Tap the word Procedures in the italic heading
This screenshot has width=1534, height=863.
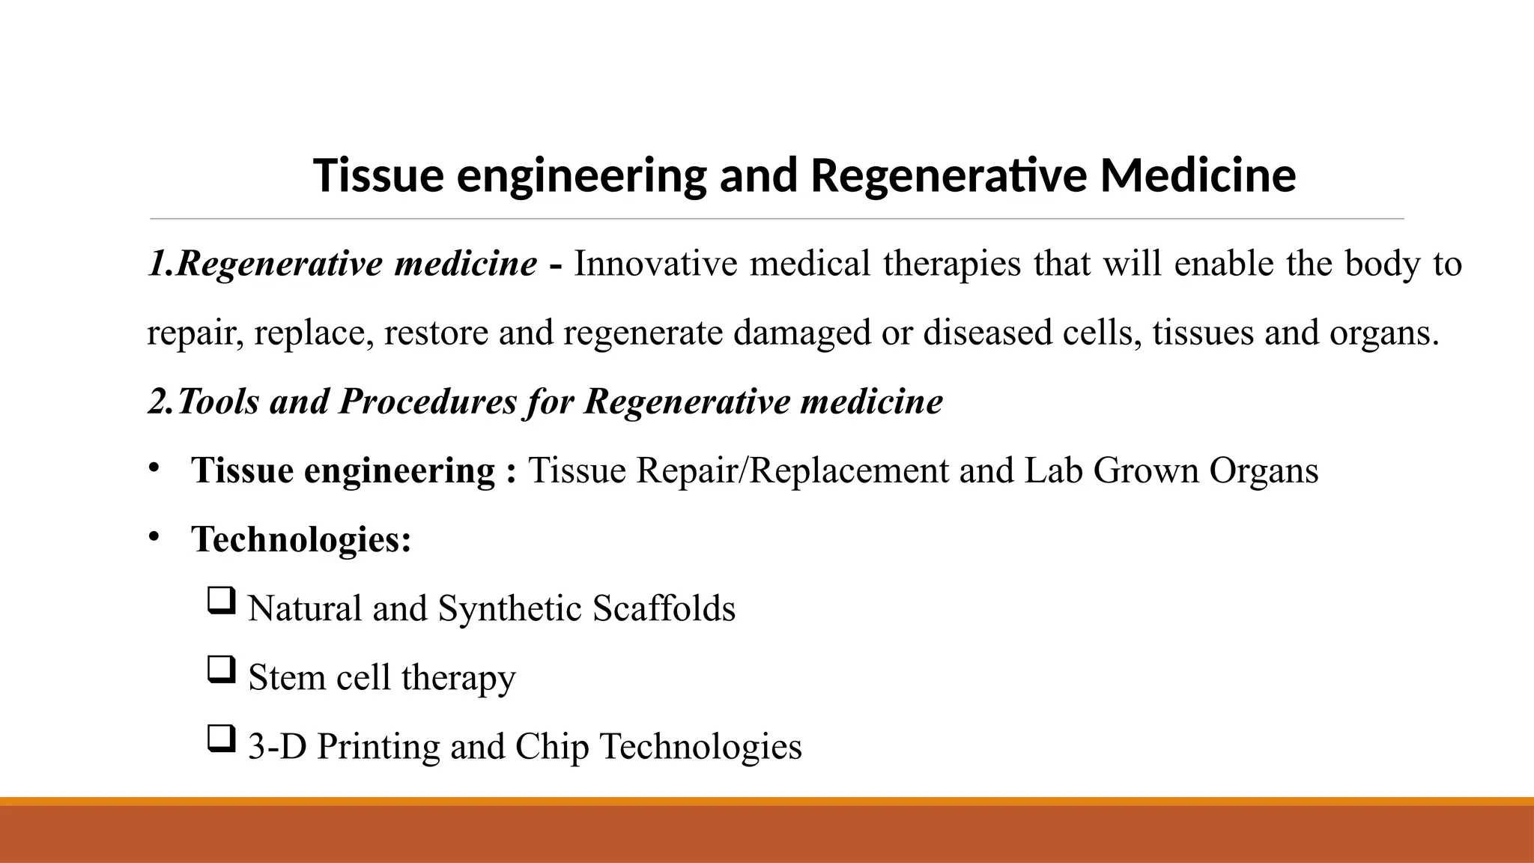427,402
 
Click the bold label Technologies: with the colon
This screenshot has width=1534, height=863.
302,539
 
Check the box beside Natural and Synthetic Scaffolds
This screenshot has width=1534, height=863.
221,601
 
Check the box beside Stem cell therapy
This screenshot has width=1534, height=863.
221,670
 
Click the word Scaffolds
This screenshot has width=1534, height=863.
664,608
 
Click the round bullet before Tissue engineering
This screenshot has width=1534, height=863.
154,468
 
